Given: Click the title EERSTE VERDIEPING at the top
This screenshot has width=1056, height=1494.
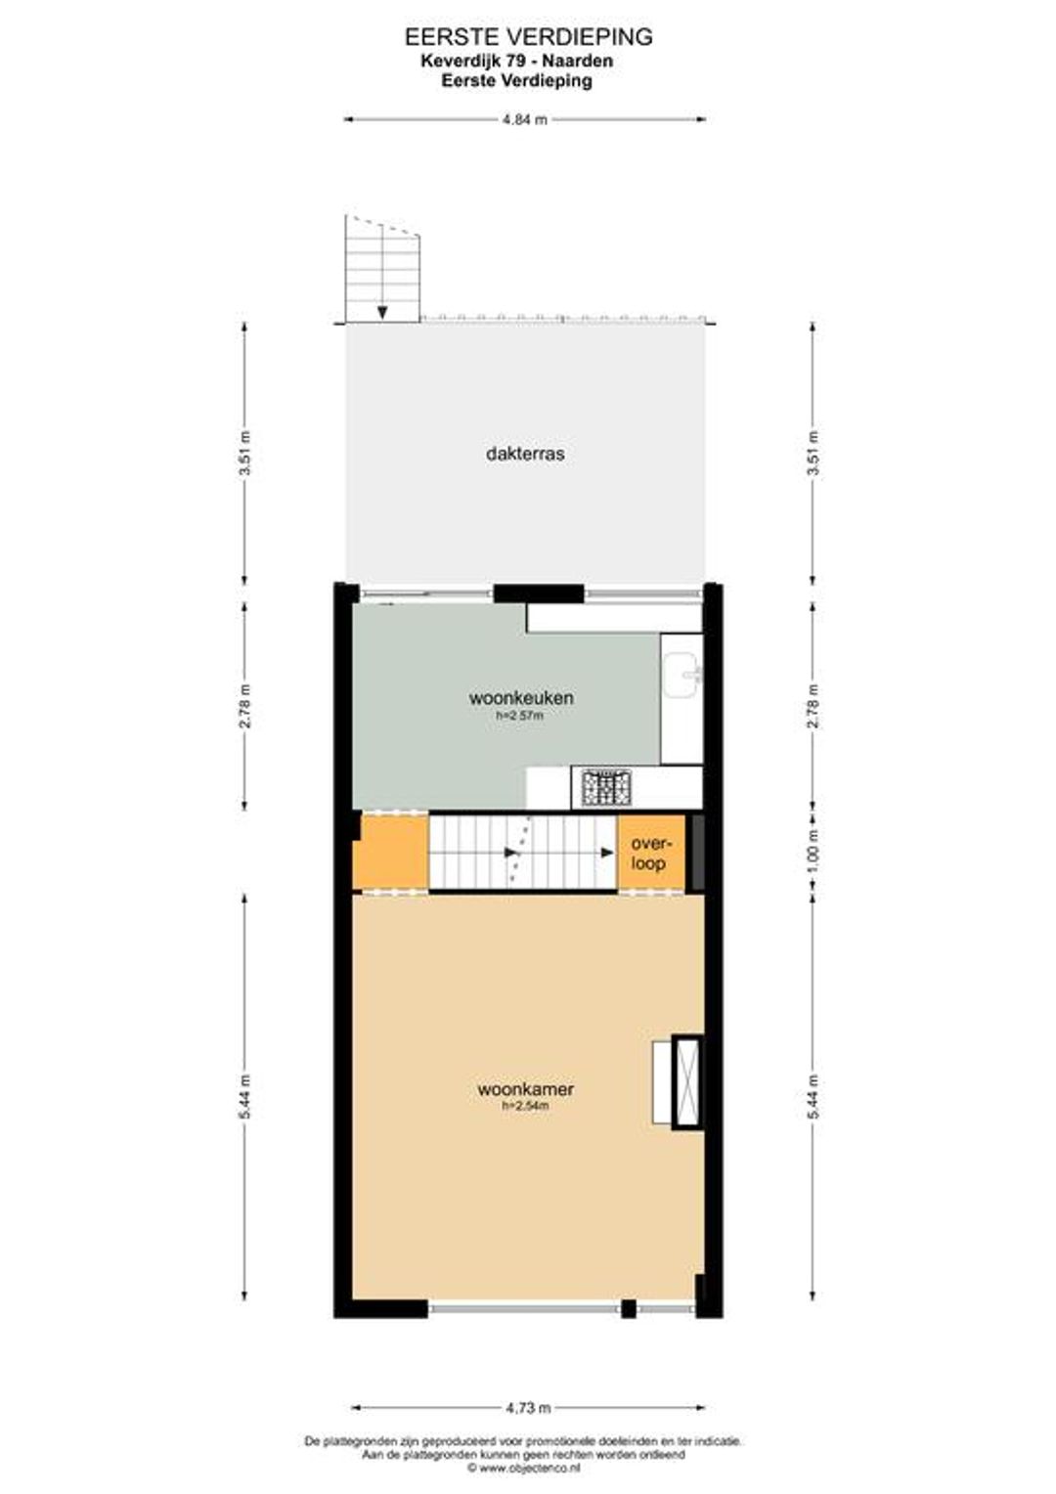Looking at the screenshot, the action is click(528, 37).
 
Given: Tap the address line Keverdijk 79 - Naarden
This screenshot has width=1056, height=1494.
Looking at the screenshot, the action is click(517, 61).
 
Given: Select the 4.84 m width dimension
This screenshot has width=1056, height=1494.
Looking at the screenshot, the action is click(524, 120).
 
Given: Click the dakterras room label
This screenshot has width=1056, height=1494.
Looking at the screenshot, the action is click(525, 454).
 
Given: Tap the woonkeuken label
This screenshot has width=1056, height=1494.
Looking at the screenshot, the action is click(521, 698).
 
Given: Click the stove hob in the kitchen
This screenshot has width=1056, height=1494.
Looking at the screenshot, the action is click(606, 787).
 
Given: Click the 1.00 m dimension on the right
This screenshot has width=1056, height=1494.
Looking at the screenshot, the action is click(813, 853).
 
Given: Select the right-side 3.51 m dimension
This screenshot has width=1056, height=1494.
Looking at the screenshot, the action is click(813, 453).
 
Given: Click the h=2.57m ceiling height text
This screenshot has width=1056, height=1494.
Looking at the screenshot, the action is click(521, 716).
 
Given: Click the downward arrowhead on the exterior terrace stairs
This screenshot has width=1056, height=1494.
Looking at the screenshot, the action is click(382, 312).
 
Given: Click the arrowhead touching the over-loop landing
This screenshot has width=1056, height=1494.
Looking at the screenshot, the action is click(608, 853).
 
